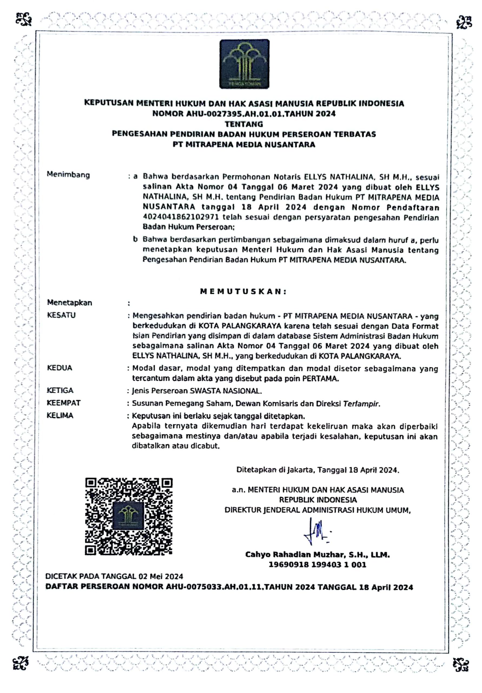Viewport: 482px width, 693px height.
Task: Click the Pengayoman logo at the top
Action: [x=244, y=64]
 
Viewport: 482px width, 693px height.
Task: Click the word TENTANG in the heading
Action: [x=244, y=124]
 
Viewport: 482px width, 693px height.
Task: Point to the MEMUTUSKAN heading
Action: [x=243, y=292]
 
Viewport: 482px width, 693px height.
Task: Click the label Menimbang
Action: [x=68, y=175]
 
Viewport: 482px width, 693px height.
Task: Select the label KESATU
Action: [x=61, y=315]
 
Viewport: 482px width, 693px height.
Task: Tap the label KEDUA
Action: [x=60, y=368]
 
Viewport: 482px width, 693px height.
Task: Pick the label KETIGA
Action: [x=60, y=391]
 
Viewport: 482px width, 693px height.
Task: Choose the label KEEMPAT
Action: [x=64, y=403]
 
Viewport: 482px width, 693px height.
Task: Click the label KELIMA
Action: [x=60, y=416]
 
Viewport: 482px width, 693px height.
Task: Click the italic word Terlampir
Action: [x=361, y=404]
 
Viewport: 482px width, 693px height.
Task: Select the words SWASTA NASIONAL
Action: [x=225, y=391]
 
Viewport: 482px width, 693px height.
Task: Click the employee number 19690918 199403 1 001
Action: [x=317, y=565]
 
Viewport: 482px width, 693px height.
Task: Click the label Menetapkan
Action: [x=69, y=303]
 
